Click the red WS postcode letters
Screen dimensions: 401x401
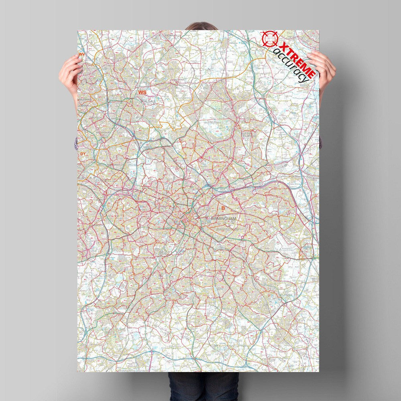142,93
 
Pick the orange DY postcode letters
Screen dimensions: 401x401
83,154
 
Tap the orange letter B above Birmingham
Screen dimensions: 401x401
223,208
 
